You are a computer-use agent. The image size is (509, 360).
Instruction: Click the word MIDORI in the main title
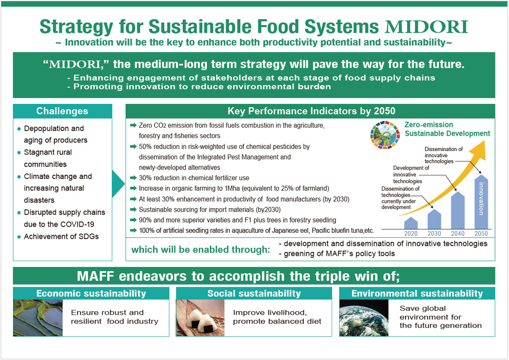coord(426,26)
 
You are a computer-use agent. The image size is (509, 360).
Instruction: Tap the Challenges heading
coord(62,112)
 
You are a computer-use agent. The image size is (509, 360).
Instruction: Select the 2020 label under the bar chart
coord(411,233)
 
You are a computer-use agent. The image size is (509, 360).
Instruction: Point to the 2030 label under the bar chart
coord(435,233)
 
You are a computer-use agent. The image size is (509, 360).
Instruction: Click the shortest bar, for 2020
coord(411,223)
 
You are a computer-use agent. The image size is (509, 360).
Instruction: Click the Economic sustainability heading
coord(91,293)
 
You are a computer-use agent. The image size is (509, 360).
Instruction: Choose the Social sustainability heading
coord(254,293)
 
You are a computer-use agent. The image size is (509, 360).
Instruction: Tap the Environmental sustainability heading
coord(417,293)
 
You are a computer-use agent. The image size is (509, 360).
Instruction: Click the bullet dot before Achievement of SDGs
coord(18,237)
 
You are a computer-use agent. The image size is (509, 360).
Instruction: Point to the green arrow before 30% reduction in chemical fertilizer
coord(133,178)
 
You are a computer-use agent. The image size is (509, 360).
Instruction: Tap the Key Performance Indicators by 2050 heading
coord(311,111)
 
